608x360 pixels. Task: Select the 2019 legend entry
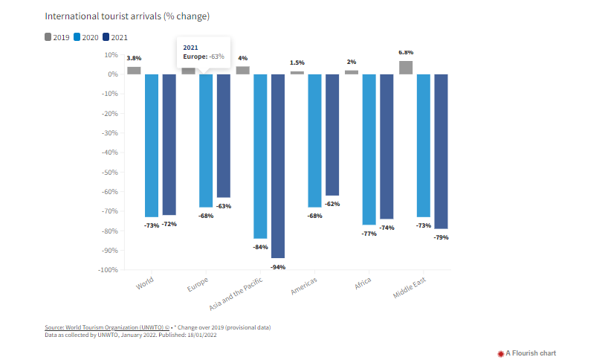(58, 36)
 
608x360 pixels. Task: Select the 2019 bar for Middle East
(406, 68)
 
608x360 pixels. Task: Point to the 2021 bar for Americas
(332, 135)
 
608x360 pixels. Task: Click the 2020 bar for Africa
(369, 149)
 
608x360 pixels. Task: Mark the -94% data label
(278, 266)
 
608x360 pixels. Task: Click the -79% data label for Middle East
(442, 237)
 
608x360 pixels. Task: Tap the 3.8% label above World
(134, 58)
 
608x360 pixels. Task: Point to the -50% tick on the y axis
(109, 172)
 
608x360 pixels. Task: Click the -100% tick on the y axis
(107, 269)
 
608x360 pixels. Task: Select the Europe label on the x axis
(198, 286)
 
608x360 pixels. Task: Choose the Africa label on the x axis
(363, 285)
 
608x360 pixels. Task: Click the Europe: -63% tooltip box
(202, 51)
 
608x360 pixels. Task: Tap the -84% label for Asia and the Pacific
(260, 246)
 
